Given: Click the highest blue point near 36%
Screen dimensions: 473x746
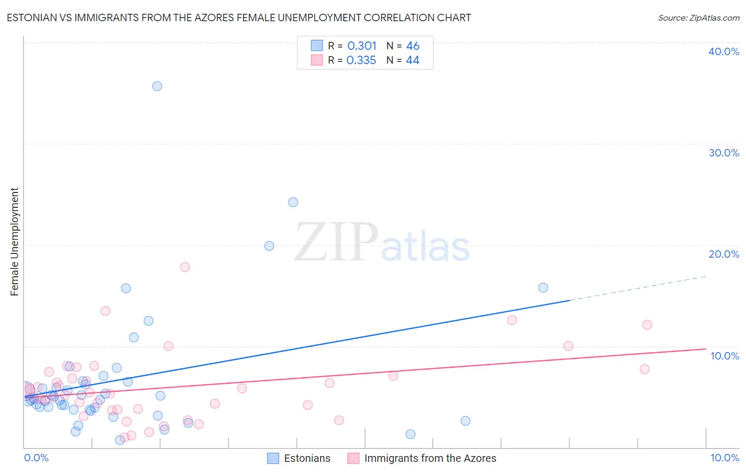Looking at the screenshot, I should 157,86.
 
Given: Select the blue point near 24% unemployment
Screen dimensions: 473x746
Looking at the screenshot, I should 293,202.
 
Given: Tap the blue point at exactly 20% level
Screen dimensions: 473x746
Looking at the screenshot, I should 269,246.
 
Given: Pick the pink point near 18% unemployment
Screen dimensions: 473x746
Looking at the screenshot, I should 185,267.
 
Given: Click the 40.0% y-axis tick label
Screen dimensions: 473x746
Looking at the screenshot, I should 724,51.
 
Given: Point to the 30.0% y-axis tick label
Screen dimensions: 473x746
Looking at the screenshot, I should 724,153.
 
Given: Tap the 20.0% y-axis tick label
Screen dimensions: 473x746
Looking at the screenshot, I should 724,254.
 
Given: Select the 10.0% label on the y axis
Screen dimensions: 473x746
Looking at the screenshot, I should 725,356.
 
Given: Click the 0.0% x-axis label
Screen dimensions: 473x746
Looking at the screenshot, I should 36,458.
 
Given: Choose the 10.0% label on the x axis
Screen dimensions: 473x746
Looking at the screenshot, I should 725,458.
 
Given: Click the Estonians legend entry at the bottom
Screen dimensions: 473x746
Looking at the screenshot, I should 307,458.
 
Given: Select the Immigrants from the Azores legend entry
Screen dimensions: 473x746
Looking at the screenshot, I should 430,458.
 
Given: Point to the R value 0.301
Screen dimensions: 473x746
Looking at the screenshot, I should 362,46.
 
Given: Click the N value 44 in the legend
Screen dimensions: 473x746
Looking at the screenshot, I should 412,60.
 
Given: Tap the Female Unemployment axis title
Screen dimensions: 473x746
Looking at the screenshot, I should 14,242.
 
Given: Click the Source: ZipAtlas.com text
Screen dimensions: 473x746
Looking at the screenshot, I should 698,17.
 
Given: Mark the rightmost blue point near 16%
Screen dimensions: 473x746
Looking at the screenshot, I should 543,287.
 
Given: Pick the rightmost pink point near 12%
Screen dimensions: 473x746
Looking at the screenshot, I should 647,325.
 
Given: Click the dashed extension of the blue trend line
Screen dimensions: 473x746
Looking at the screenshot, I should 637,288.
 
